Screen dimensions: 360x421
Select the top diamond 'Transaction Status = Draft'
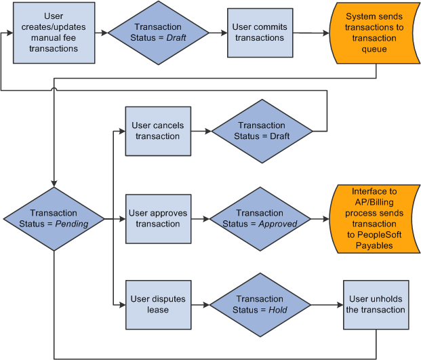[x=158, y=33]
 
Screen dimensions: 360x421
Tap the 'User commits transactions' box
[x=260, y=33]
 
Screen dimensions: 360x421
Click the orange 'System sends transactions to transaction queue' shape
[x=375, y=33]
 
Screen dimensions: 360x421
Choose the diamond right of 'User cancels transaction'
[x=261, y=131]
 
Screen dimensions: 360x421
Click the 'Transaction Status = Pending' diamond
[x=54, y=219]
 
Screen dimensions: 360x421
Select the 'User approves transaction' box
[x=157, y=219]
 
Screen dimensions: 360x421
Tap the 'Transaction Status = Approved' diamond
[x=260, y=219]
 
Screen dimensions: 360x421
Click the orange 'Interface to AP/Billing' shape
[x=375, y=219]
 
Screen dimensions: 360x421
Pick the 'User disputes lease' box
[x=157, y=304]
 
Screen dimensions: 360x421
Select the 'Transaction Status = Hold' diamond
[x=260, y=304]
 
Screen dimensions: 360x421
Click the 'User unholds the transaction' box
[x=377, y=304]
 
